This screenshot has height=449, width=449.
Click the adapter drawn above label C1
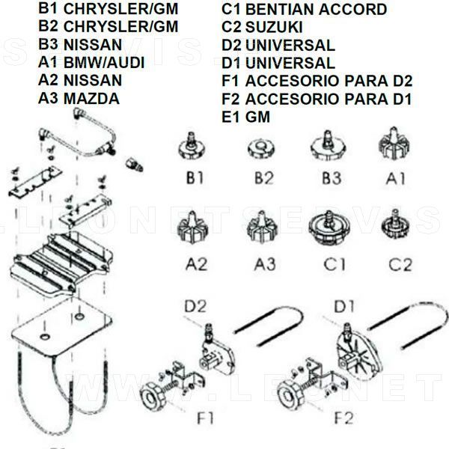[x=327, y=227]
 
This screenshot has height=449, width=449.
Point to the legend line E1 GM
[x=246, y=117]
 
